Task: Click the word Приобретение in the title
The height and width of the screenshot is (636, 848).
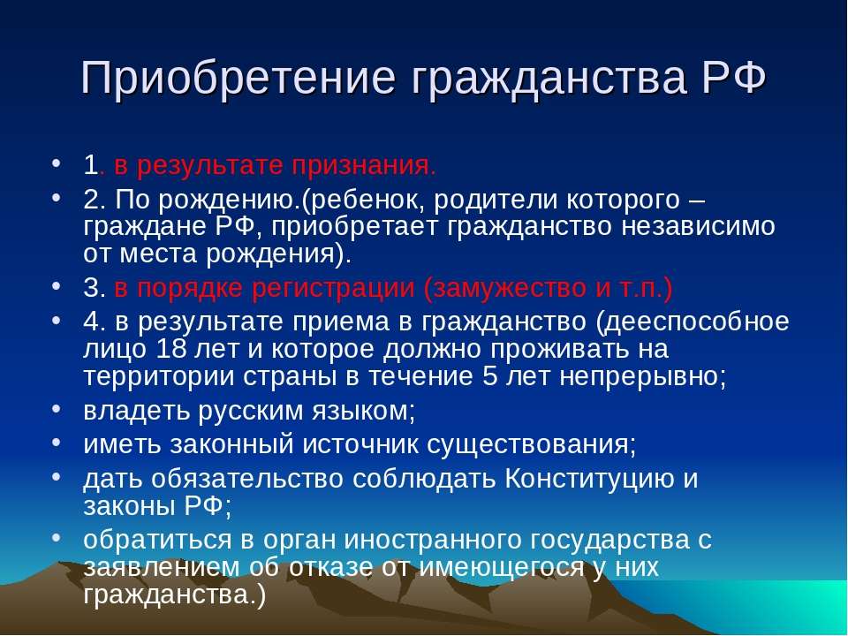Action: pos(238,79)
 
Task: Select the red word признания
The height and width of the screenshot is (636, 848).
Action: pos(363,166)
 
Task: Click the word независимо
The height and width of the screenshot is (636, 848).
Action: pos(698,227)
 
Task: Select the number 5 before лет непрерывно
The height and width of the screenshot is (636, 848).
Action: pos(489,376)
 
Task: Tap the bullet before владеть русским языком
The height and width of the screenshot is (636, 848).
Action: pos(57,408)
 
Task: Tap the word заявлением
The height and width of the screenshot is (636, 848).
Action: pos(162,568)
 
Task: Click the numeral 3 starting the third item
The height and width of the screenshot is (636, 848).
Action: pos(90,288)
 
